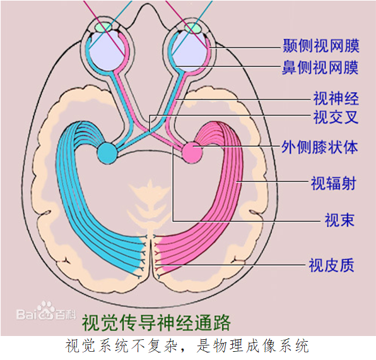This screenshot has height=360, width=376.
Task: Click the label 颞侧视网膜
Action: click(x=321, y=45)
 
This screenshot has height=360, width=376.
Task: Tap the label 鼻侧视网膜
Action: click(x=320, y=68)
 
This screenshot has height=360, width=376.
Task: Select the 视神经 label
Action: click(x=336, y=98)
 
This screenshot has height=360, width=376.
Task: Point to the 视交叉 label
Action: click(x=336, y=117)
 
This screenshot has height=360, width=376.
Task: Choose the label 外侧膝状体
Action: click(x=320, y=147)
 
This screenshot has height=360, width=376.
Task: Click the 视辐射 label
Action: click(x=334, y=183)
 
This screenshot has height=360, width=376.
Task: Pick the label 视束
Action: click(x=339, y=220)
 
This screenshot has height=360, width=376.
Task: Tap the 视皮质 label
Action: click(x=331, y=265)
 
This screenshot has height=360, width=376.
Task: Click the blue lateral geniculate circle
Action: click(x=107, y=153)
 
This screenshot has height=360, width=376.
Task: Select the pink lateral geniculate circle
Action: click(x=192, y=153)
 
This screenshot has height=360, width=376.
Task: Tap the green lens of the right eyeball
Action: click(x=194, y=28)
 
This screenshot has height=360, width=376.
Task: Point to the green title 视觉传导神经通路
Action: click(x=156, y=322)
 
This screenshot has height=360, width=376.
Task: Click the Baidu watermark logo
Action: click(x=46, y=311)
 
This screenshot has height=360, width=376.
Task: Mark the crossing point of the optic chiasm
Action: click(x=150, y=132)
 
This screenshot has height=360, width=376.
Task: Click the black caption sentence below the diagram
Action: click(x=187, y=346)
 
